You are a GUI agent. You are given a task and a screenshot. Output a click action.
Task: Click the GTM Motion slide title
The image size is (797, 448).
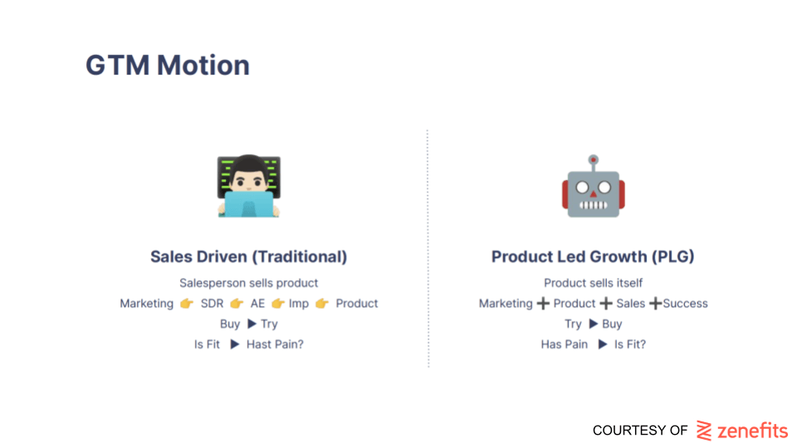point(168,66)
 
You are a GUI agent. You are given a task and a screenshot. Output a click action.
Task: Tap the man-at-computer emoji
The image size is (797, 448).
point(249,186)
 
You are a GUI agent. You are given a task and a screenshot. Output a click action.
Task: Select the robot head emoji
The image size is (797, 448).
point(593,186)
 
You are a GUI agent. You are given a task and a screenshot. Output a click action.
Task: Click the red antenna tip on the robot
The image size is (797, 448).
point(593,160)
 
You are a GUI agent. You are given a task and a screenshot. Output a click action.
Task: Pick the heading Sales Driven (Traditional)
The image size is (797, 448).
point(248,256)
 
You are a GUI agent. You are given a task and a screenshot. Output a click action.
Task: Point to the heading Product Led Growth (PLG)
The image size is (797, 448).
point(593,256)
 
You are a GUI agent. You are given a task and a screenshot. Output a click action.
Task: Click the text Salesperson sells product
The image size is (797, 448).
point(248,283)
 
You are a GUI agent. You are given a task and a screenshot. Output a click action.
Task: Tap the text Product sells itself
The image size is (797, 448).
point(593,283)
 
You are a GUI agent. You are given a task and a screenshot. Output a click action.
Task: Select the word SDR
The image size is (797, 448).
point(212,304)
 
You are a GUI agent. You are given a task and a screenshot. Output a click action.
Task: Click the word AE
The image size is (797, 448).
point(257,304)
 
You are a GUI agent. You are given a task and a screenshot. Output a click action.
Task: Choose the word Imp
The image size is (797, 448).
point(299,304)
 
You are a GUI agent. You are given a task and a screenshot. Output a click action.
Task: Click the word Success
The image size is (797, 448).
point(685,304)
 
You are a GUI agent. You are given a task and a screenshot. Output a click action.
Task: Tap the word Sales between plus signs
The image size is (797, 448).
point(631,304)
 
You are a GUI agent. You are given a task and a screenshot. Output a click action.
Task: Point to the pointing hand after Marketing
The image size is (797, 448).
point(187,304)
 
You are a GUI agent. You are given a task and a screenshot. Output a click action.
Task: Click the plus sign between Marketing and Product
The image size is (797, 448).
point(543,304)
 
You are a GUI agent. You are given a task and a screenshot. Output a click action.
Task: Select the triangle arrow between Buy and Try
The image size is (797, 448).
point(252,324)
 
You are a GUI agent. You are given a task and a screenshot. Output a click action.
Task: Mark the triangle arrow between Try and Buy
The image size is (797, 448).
point(593,324)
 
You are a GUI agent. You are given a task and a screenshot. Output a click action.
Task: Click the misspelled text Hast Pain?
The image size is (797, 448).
point(275,344)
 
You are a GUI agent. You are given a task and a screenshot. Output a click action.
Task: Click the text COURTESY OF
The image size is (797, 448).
point(640,431)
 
